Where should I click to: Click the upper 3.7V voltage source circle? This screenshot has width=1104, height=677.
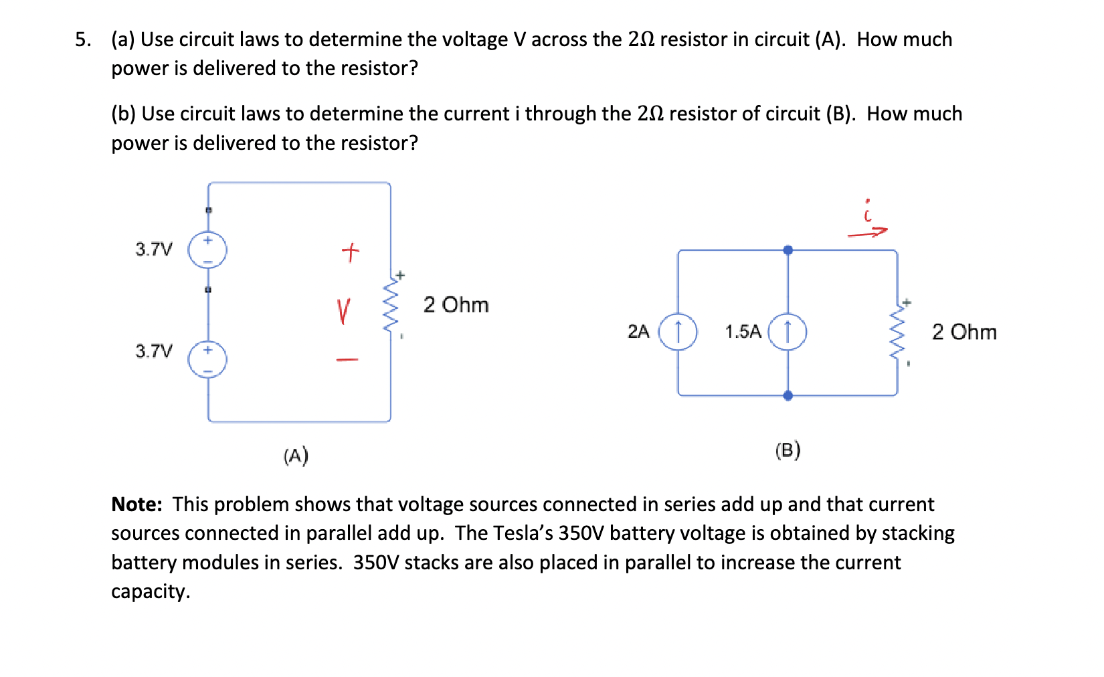(207, 250)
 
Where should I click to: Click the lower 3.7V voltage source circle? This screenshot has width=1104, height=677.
(207, 359)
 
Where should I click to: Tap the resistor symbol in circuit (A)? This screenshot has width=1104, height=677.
(390, 305)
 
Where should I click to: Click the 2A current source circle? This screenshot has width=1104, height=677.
(678, 332)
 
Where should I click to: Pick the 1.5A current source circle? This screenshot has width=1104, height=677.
(787, 332)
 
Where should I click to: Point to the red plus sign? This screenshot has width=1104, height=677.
(350, 252)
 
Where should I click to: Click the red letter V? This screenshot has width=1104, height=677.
(343, 311)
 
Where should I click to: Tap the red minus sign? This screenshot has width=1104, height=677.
(347, 360)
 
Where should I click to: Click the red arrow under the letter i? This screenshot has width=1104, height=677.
(867, 233)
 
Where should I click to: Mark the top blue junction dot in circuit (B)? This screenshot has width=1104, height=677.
(788, 250)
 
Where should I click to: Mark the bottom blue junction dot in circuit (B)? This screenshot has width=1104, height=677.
(788, 395)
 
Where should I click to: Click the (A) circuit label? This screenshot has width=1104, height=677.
(295, 456)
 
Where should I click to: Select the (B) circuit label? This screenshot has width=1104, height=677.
(788, 450)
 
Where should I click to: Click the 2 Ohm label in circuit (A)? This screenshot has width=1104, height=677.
(456, 305)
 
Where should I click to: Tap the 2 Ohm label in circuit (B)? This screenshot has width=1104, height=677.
(963, 332)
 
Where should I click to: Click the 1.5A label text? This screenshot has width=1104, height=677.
(743, 332)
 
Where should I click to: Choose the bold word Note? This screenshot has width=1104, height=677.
(136, 504)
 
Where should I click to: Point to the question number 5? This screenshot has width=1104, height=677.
(82, 40)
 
